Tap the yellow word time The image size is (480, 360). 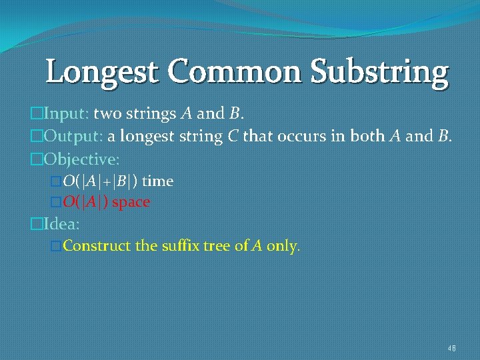pyautogui.click(x=158, y=181)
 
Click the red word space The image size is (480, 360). pyautogui.click(x=131, y=202)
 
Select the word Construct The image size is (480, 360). pyautogui.click(x=97, y=246)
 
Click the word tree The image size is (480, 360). pyautogui.click(x=219, y=246)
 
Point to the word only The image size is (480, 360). pyautogui.click(x=283, y=246)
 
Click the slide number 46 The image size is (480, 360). pyautogui.click(x=451, y=348)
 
